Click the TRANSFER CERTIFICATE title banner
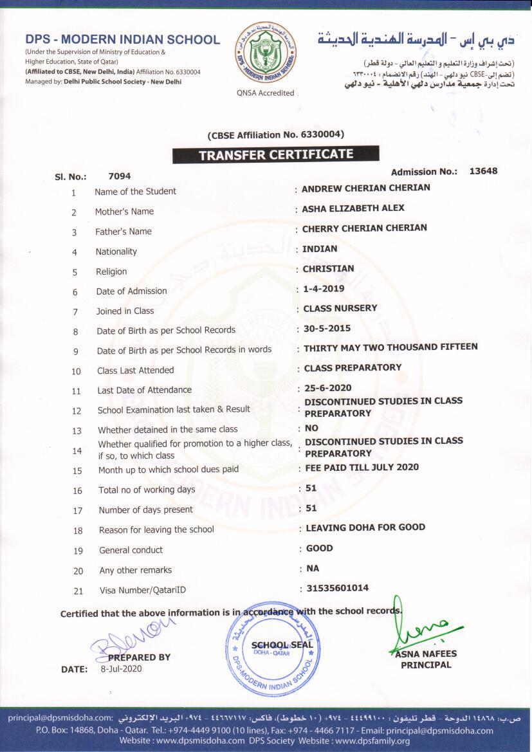275,154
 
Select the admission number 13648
483,171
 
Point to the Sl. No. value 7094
120,176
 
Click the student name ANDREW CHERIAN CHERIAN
365,188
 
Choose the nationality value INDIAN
320,248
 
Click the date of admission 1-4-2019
324,288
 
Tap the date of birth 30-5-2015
327,328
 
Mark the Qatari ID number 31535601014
337,588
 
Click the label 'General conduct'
131,550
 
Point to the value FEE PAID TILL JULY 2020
362,467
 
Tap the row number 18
78,531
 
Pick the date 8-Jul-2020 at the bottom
121,668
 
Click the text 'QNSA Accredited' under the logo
266,93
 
